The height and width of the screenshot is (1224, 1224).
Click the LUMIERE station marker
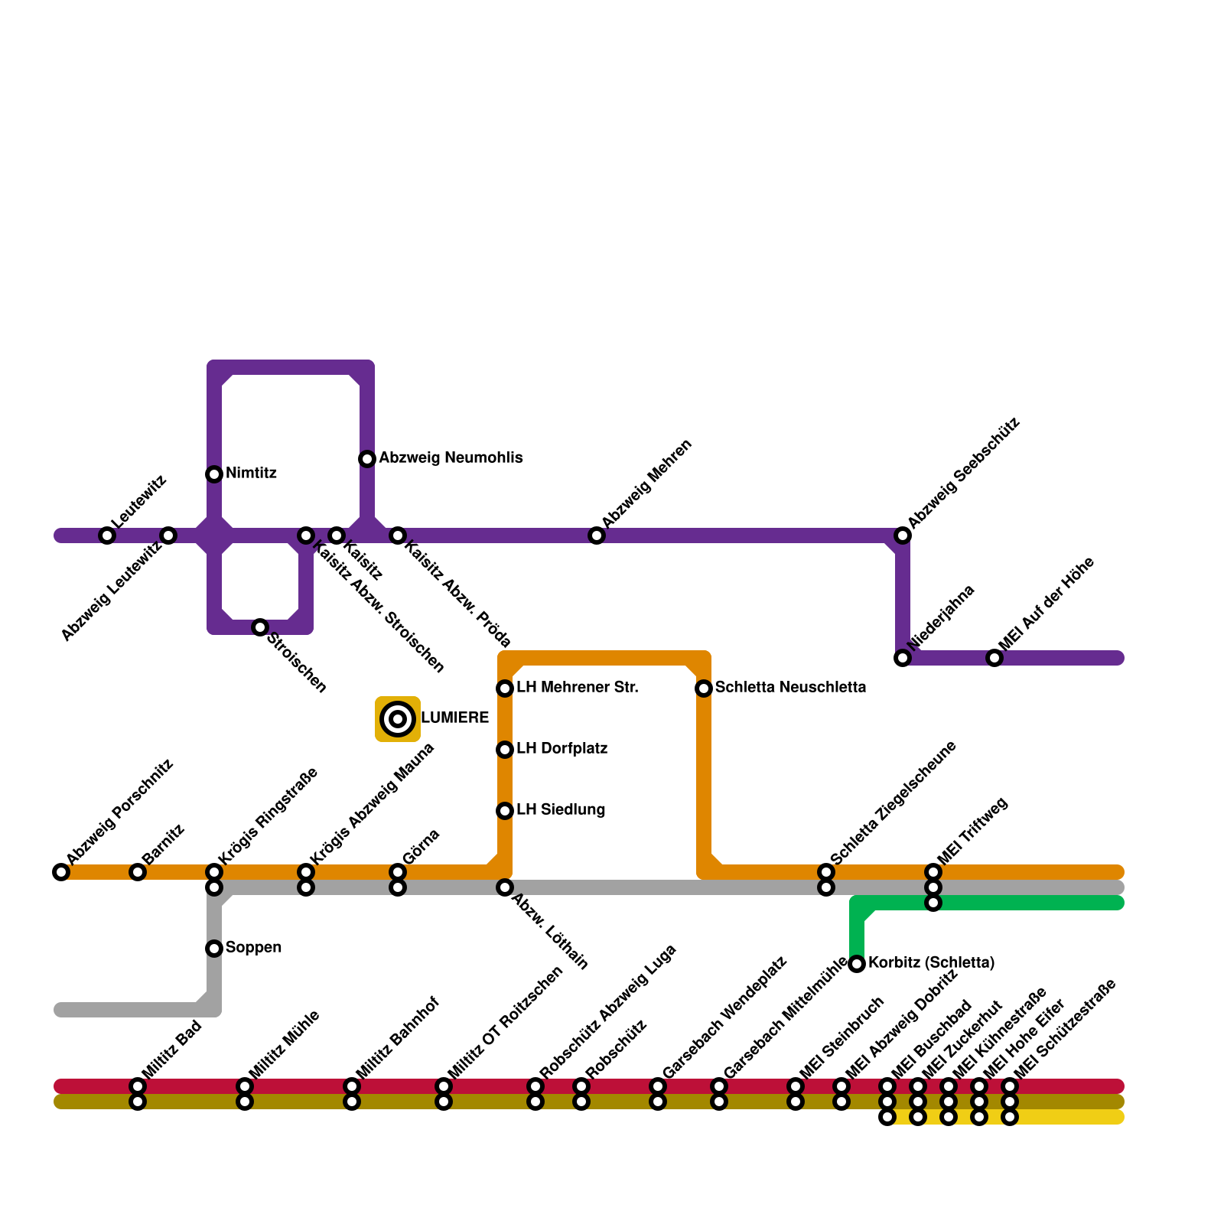[398, 719]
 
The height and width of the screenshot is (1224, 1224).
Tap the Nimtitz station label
[251, 474]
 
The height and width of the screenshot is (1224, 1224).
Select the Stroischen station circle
[260, 627]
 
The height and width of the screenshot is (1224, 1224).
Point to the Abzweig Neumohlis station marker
[367, 459]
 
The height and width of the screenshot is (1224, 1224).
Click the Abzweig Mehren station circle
[597, 535]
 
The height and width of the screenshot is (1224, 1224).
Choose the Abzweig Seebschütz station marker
[903, 535]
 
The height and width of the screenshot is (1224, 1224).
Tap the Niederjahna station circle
[903, 658]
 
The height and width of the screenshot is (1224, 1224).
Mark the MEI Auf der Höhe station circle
[994, 658]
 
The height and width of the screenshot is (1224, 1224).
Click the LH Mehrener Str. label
[577, 688]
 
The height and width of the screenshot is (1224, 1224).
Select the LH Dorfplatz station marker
[505, 750]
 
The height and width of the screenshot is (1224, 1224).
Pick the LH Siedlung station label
[561, 810]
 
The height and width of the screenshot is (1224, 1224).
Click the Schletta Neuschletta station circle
[704, 688]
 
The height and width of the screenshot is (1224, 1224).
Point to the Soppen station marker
[214, 949]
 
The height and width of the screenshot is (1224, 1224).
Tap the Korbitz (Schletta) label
[931, 963]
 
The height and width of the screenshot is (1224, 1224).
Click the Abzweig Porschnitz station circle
[61, 872]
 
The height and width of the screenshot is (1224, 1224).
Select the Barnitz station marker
[138, 872]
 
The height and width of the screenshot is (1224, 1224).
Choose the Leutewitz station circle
[107, 535]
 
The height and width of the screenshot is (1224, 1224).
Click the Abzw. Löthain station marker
[505, 887]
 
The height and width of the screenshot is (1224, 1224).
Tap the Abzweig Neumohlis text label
[451, 458]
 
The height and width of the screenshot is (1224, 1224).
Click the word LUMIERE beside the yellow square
[454, 718]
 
